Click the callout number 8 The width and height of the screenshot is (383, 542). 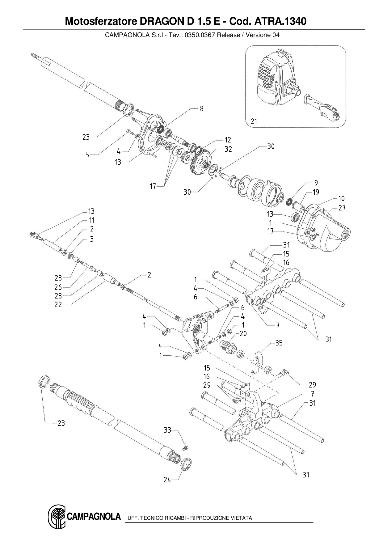pos(202,109)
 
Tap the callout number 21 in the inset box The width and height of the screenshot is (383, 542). pos(254,121)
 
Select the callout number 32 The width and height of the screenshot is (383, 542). pos(228,149)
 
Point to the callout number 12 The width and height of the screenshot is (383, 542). pos(228,140)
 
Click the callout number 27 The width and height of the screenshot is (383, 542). pos(342,208)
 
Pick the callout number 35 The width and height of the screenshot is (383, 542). pos(279,343)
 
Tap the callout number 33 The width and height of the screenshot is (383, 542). pos(167,430)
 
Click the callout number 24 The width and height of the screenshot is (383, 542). pos(167,480)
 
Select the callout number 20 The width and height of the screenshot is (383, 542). pos(243,334)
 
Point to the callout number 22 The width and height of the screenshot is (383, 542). pos(58,305)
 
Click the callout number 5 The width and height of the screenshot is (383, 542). pos(87,155)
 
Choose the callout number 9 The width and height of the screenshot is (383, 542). pos(316,183)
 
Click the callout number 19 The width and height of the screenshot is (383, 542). pos(316,192)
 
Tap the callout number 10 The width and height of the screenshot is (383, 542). pos(341,199)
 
